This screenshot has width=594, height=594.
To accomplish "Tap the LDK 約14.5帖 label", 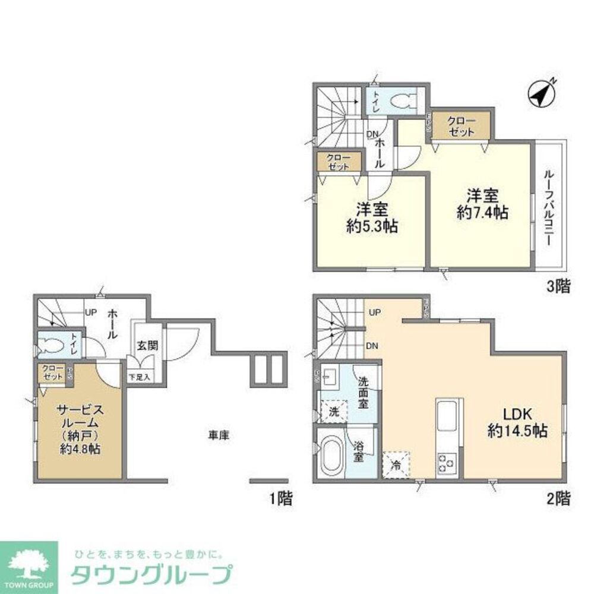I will (x=517, y=423).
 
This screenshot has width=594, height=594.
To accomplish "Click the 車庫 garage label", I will (x=218, y=435).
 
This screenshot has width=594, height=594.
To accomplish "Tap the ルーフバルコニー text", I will (x=550, y=210).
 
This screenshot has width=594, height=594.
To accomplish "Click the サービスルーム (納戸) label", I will (x=81, y=429).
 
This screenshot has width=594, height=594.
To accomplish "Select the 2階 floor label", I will (x=558, y=498).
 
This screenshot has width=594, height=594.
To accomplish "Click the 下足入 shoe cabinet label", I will (x=140, y=376).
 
